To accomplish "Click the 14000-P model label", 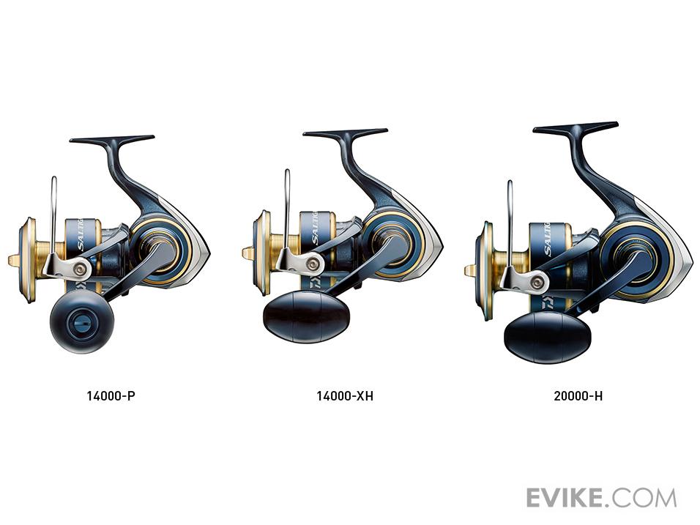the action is pyautogui.click(x=111, y=395).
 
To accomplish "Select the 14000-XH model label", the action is pyautogui.click(x=345, y=395).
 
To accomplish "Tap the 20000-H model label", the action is pyautogui.click(x=578, y=395).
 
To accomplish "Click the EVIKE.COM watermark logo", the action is pyautogui.click(x=601, y=497).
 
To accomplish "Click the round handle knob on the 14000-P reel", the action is pyautogui.click(x=82, y=321).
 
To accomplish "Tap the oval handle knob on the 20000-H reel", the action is pyautogui.click(x=547, y=337).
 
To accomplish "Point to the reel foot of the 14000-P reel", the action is pyautogui.click(x=112, y=139).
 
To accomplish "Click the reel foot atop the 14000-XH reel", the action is pyautogui.click(x=345, y=133).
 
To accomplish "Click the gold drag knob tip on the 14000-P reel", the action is pyautogui.click(x=14, y=260).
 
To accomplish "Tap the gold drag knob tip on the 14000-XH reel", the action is pyautogui.click(x=247, y=253).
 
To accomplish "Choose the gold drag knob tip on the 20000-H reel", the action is pyautogui.click(x=470, y=270).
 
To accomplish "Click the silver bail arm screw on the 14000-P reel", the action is pyautogui.click(x=81, y=269).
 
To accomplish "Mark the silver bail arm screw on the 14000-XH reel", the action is pyautogui.click(x=314, y=264).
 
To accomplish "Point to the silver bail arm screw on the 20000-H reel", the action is pyautogui.click(x=538, y=282).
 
